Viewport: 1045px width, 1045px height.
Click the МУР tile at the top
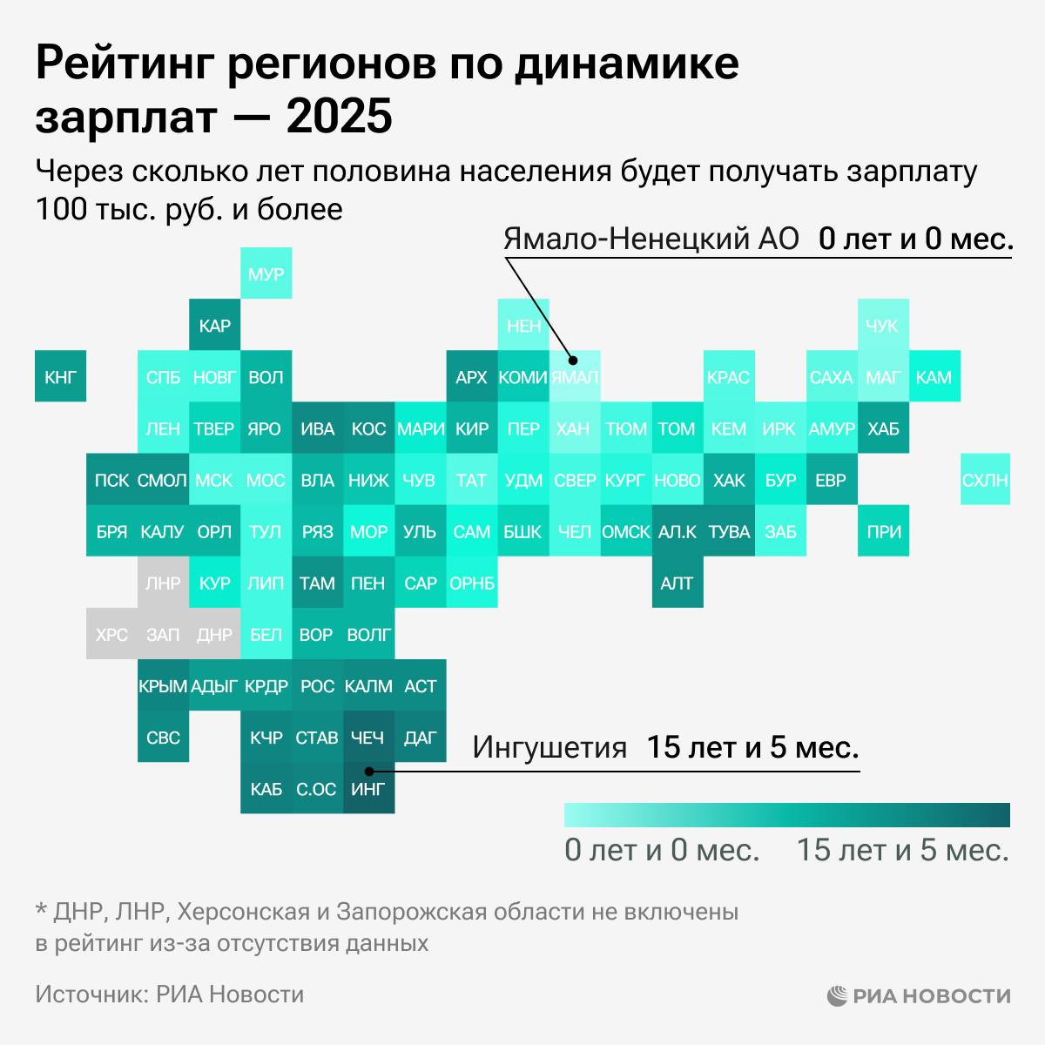click(x=266, y=274)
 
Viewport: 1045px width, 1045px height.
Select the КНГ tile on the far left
click(x=60, y=377)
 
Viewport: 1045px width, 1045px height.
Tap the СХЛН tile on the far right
click(x=985, y=480)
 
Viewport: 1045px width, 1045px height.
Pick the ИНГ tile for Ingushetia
click(x=367, y=789)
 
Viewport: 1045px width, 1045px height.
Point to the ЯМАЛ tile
click(x=574, y=377)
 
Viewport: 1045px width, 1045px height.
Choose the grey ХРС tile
click(x=111, y=635)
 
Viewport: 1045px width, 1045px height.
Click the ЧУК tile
click(x=882, y=326)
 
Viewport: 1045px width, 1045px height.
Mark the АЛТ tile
click(x=677, y=583)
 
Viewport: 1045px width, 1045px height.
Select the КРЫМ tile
click(x=163, y=686)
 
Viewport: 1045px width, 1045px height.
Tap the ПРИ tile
click(x=883, y=531)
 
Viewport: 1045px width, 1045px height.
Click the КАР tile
click(x=214, y=326)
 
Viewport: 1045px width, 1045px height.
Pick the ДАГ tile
click(x=420, y=738)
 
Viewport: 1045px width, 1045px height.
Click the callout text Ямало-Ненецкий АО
click(x=651, y=239)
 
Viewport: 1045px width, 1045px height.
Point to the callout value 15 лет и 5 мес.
click(x=752, y=747)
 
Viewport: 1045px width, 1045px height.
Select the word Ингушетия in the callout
click(x=549, y=747)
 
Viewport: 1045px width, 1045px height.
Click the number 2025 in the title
click(x=339, y=118)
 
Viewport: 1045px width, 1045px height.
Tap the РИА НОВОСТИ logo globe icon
click(x=837, y=995)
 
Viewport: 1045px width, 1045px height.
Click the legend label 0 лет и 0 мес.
click(x=662, y=850)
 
